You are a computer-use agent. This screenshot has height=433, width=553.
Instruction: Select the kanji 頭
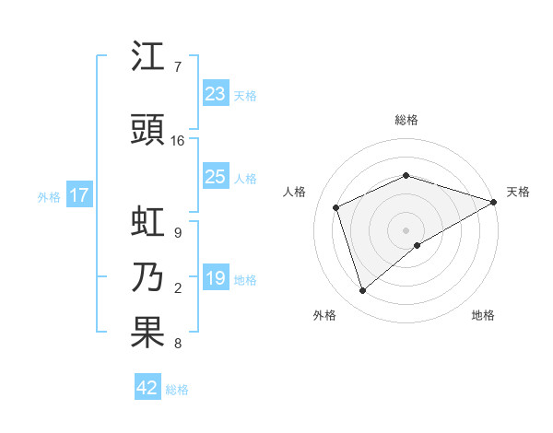point(149,130)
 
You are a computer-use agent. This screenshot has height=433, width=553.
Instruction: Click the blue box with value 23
point(215,94)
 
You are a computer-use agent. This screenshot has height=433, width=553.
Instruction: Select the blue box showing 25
point(215,177)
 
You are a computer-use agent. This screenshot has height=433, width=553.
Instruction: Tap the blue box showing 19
point(215,278)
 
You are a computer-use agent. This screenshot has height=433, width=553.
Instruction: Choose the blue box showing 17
point(78,195)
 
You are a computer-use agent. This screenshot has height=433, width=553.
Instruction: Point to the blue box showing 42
point(147,388)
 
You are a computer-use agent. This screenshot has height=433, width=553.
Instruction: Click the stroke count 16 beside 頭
point(178,141)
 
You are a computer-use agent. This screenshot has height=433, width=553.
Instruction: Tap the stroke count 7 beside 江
point(177,67)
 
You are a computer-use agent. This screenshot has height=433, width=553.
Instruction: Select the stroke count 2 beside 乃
point(177,288)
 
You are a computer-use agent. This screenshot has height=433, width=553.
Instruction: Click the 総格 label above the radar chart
point(406,120)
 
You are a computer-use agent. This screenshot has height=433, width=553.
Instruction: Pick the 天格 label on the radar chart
point(518,192)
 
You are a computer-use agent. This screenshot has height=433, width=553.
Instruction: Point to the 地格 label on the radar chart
point(483,315)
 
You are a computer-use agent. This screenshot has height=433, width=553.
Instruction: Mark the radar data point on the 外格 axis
point(362,291)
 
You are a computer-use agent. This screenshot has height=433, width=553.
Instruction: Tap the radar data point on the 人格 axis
point(336,207)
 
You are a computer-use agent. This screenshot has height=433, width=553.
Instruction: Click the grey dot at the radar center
point(406,229)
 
